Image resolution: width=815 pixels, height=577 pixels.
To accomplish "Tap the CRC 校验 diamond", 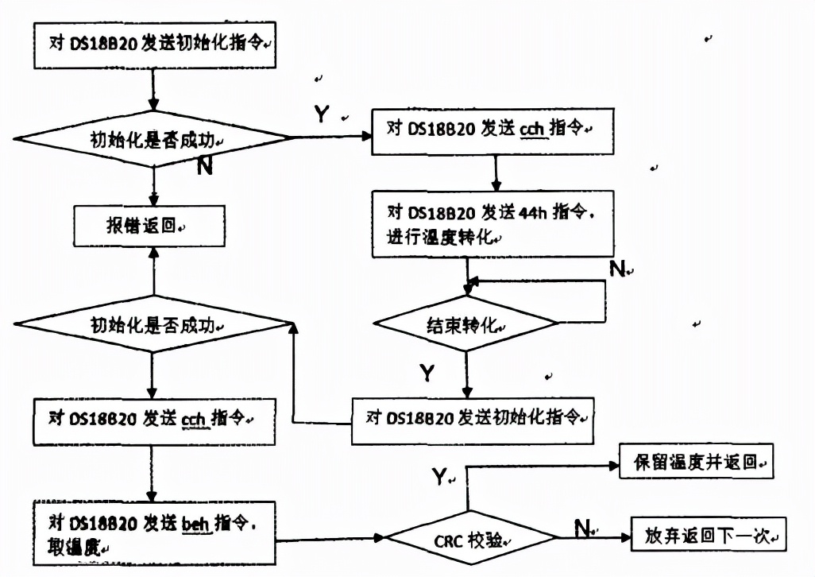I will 469,540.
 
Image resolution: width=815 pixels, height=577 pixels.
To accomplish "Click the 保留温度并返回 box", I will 696,462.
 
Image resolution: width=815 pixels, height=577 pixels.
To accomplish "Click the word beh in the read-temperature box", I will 195,523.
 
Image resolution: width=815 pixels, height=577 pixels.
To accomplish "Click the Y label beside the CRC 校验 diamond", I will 439,477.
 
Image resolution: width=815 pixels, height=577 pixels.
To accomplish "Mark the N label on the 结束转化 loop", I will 617,269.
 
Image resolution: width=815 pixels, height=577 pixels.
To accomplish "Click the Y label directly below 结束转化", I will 427,372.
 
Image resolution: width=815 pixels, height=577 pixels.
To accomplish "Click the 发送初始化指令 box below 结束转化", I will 473,418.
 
